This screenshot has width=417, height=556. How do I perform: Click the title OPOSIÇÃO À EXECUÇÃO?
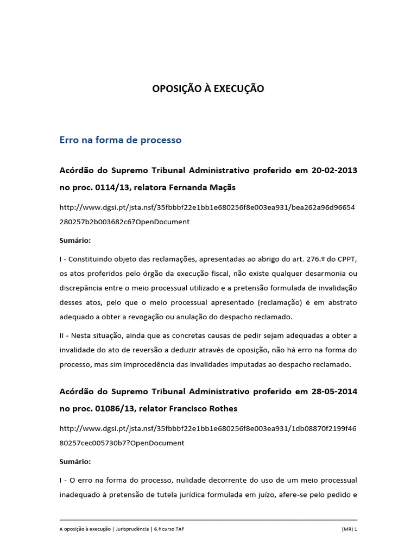(x=208, y=89)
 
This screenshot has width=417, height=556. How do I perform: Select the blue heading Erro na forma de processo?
(x=120, y=140)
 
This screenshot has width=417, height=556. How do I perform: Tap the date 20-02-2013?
(x=334, y=170)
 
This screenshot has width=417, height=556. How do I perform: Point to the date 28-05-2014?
(x=334, y=391)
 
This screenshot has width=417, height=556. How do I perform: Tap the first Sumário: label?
(x=75, y=240)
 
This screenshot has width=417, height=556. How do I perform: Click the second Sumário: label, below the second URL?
(x=75, y=461)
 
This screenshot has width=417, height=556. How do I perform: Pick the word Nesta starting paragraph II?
(x=80, y=336)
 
